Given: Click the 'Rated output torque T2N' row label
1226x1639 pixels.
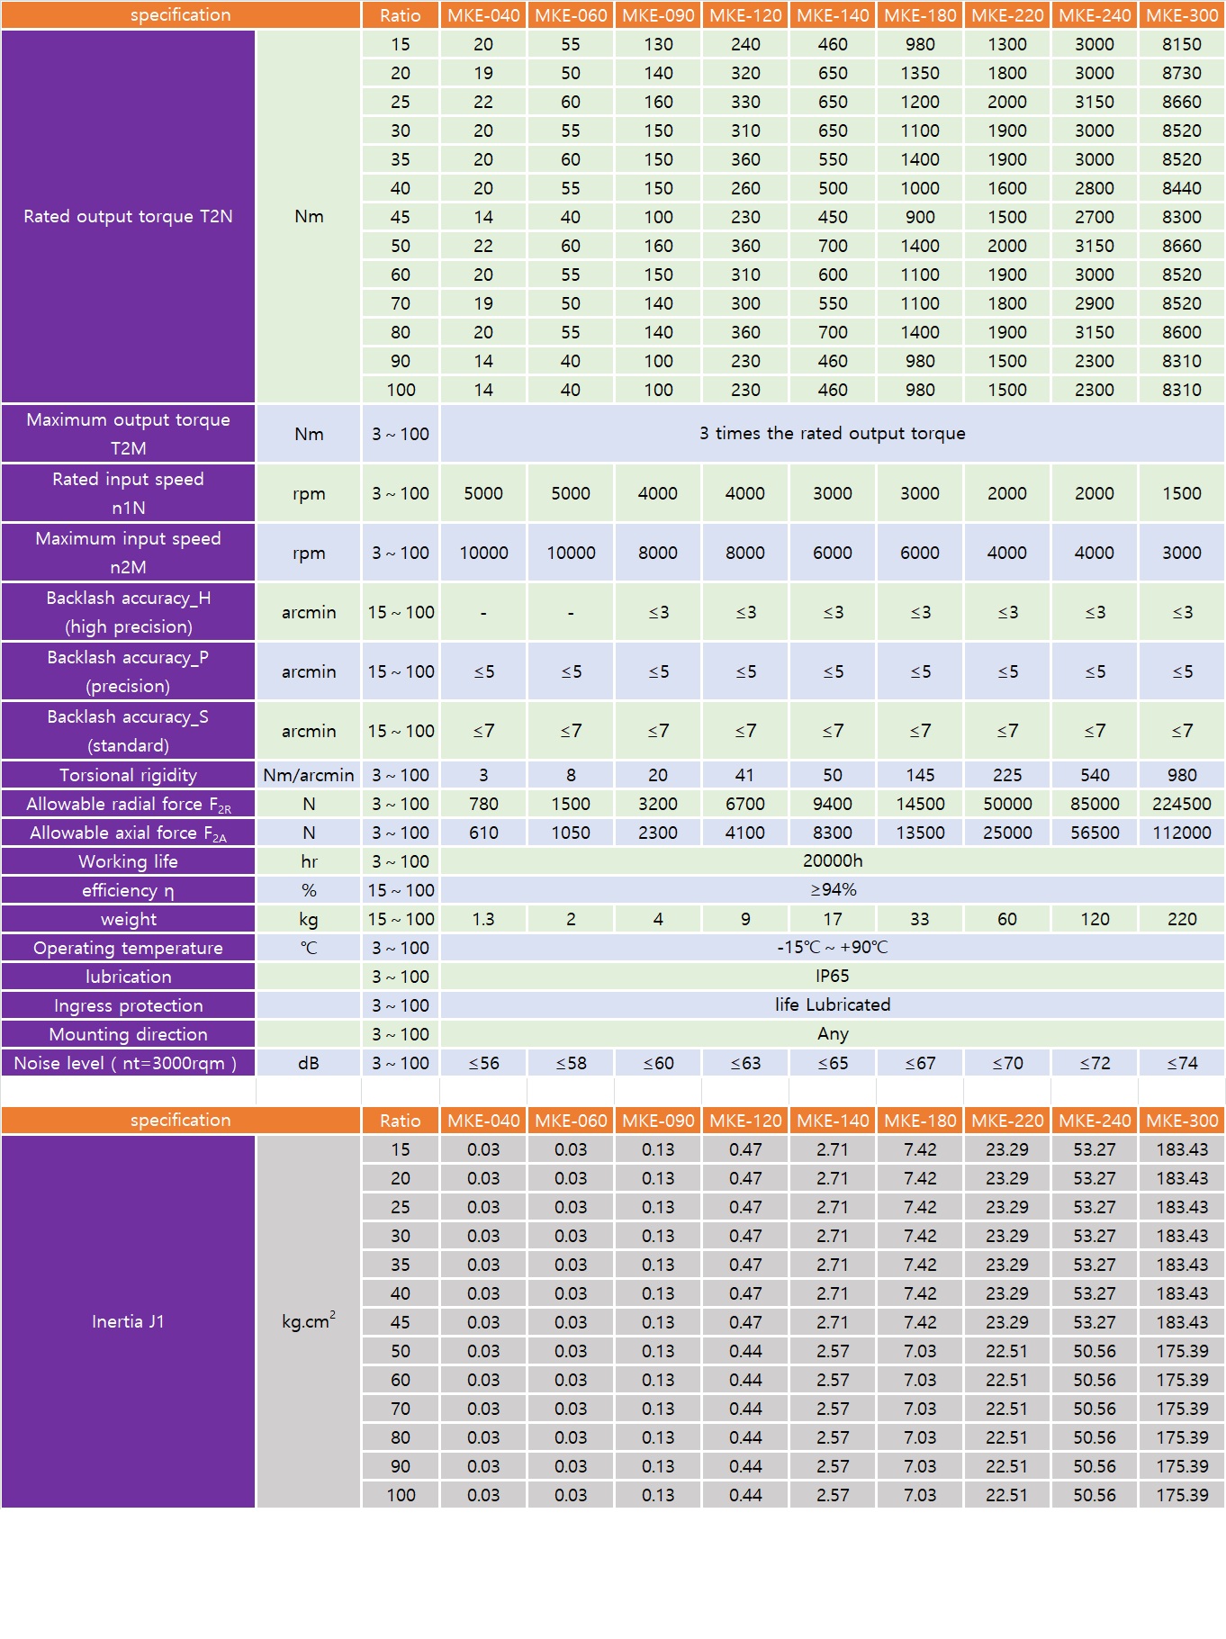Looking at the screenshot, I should point(128,217).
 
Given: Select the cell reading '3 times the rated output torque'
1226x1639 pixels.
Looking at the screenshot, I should point(832,434).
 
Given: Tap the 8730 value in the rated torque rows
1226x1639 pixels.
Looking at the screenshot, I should point(1181,73).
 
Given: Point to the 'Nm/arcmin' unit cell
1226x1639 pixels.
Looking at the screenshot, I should point(309,775).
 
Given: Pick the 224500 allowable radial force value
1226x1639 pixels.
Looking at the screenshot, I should point(1181,804).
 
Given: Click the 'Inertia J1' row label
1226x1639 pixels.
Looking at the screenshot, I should point(128,1321).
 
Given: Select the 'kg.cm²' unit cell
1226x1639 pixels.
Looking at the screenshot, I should point(309,1321).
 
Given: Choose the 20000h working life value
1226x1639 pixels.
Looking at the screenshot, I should point(832,861).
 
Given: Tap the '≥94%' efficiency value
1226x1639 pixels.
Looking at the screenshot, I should point(832,890).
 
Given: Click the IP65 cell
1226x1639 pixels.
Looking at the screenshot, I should point(832,977).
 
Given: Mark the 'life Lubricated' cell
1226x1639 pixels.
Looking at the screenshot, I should point(832,1005).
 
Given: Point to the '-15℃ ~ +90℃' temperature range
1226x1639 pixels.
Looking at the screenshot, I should point(832,948).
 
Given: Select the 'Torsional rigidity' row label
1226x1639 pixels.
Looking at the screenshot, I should point(128,775).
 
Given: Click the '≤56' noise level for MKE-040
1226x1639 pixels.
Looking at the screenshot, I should point(483,1063).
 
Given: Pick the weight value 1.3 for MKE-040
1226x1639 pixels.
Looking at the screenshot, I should point(483,919).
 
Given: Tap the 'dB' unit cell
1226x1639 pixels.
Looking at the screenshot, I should point(309,1063).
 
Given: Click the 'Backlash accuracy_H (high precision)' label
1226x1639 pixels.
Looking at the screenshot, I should point(128,612).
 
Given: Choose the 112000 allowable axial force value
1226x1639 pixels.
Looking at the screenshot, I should point(1181,833).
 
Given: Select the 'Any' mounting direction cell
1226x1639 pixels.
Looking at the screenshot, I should point(832,1034).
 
